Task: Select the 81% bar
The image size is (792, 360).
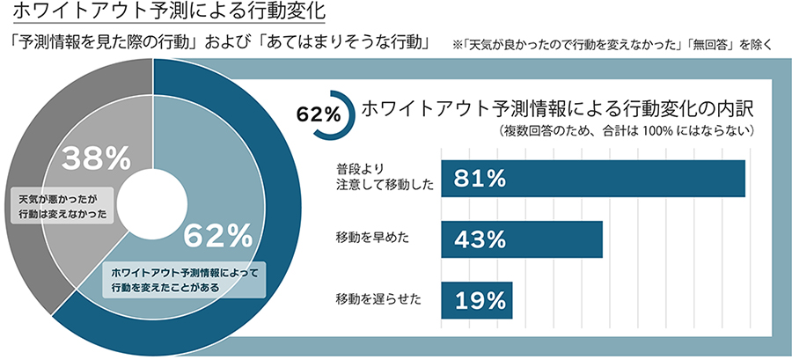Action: click(593, 179)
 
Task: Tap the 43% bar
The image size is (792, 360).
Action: click(521, 239)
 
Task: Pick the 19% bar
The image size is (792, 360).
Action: click(476, 299)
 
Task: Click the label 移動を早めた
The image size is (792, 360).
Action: click(372, 239)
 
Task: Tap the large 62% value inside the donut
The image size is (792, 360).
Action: click(217, 235)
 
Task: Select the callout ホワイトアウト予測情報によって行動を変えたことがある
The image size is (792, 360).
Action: click(185, 279)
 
